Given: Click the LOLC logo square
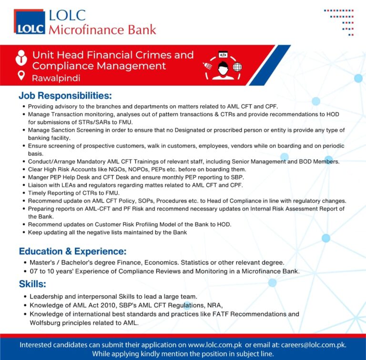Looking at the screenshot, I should point(30,22).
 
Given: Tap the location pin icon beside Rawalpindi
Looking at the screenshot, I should point(20,76).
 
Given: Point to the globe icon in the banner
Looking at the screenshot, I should point(237,67).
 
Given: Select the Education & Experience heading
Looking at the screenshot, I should point(72,251).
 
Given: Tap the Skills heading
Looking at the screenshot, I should point(32,284).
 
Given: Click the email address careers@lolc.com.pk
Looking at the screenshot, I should point(315,345).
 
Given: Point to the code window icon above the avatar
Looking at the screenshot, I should point(223,55).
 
